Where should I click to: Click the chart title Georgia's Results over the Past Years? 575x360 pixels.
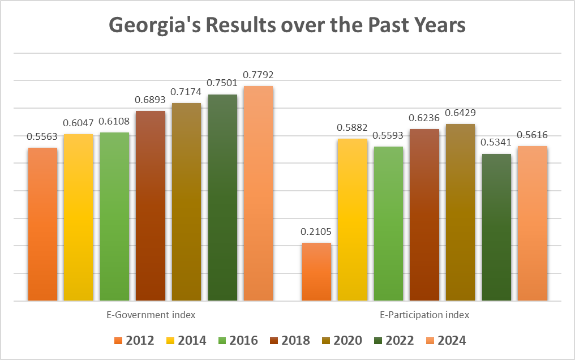tap(287, 25)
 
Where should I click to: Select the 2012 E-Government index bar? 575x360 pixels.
tap(42, 224)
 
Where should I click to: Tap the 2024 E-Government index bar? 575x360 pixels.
tap(258, 192)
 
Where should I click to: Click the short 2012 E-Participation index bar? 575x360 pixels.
tap(316, 271)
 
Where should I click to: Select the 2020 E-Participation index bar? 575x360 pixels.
tap(460, 212)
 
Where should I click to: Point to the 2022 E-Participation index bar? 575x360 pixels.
tap(496, 226)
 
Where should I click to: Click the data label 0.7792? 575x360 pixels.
tap(258, 75)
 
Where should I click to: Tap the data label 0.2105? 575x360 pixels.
tap(316, 232)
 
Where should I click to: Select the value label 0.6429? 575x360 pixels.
tap(460, 113)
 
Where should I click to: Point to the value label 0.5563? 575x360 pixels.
tap(42, 136)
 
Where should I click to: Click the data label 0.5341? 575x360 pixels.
tap(496, 143)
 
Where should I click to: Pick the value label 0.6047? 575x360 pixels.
tap(79, 123)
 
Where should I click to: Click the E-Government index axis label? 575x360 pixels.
tap(151, 314)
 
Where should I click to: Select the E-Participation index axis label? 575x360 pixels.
tap(424, 314)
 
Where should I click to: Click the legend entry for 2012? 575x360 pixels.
tap(135, 340)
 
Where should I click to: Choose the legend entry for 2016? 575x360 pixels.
tap(239, 340)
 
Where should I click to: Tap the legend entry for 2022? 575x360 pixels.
tap(395, 340)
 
